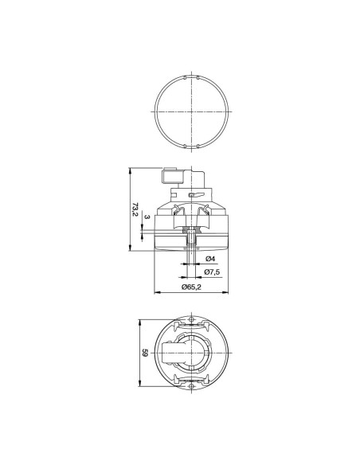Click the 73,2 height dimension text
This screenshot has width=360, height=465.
tap(134, 209)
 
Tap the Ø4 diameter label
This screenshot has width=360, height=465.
tap(209, 260)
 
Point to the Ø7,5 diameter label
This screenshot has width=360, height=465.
tap(212, 272)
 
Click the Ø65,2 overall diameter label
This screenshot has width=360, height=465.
tap(190, 286)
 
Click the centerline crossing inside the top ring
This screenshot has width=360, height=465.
tap(192, 112)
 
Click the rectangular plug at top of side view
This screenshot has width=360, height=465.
tap(172, 173)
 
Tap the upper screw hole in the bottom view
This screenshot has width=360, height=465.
tap(192, 320)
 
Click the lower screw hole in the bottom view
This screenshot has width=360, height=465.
tap(192, 384)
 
